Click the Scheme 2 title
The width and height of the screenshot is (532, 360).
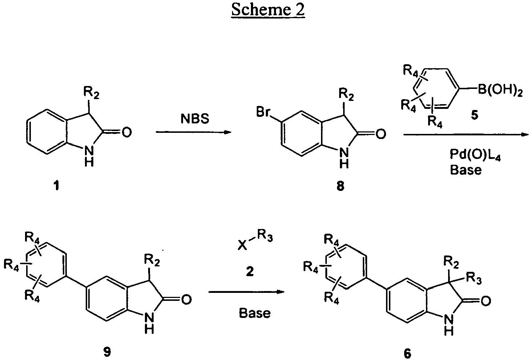(x=268, y=10)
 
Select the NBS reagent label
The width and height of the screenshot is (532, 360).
(x=195, y=119)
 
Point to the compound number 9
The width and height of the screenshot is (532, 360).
(x=108, y=351)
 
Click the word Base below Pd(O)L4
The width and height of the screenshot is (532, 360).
(x=466, y=170)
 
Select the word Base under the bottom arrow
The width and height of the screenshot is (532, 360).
(x=255, y=313)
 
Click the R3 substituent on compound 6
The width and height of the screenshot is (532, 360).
(x=474, y=279)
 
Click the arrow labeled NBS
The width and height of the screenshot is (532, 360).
(x=194, y=132)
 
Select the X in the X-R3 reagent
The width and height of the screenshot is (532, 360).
(x=241, y=246)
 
